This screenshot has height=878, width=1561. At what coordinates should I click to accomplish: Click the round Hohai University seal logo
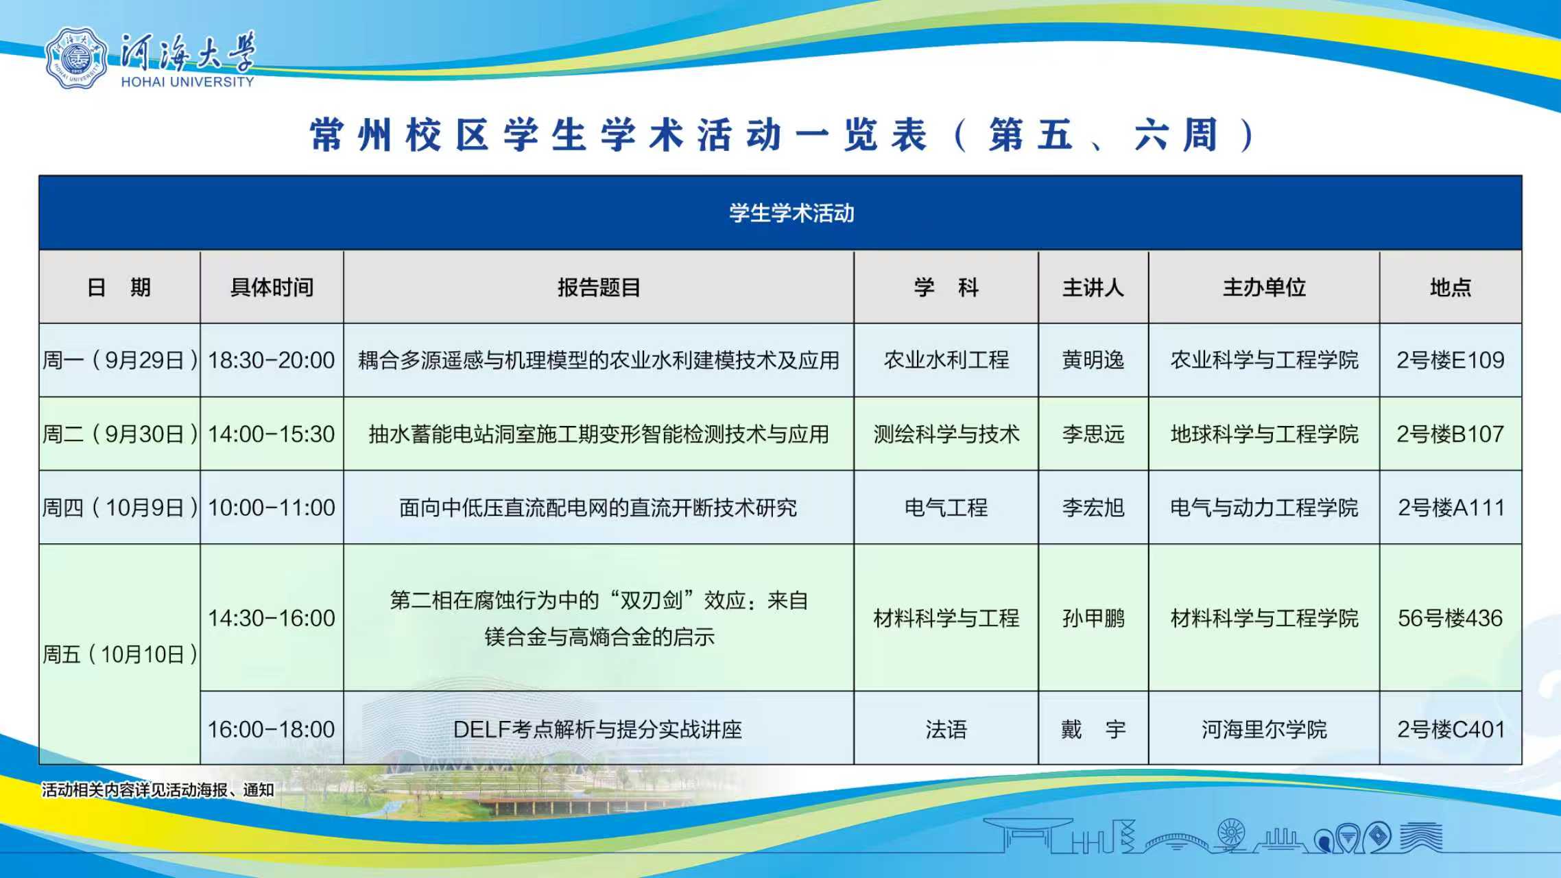pos(76,58)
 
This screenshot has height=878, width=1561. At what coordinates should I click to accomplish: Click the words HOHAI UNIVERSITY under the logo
pos(187,82)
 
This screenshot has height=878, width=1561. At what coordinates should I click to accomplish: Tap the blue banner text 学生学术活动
pos(791,213)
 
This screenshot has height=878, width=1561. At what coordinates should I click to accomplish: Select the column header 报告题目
pos(599,287)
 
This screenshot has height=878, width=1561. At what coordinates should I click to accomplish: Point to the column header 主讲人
pos(1093,287)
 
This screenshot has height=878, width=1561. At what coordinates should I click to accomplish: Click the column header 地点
pos(1451,287)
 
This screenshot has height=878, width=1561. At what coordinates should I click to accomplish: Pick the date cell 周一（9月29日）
pos(120,360)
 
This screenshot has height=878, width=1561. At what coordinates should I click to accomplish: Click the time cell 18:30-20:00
pos(272,360)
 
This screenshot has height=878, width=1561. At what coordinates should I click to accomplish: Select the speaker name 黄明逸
pos(1093,360)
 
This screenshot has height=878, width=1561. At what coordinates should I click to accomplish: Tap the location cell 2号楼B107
pos(1451,434)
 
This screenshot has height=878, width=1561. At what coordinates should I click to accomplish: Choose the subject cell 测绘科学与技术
pos(946,434)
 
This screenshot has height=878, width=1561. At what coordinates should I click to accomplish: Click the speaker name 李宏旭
pos(1093,508)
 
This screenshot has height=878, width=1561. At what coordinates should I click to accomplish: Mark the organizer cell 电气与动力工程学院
pos(1264,508)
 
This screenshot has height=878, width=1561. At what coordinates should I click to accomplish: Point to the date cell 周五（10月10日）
pos(120,654)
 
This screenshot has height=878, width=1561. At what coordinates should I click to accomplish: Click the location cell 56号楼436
pos(1451,618)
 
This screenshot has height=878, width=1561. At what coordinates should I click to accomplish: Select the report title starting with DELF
pos(598,729)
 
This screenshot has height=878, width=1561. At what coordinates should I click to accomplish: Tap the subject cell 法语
pos(946,729)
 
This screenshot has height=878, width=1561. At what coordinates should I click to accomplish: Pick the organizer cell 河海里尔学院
pos(1264,729)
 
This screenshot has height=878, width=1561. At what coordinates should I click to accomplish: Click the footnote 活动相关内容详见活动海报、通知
pos(158,790)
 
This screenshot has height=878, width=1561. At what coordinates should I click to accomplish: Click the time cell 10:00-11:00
pos(272,508)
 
